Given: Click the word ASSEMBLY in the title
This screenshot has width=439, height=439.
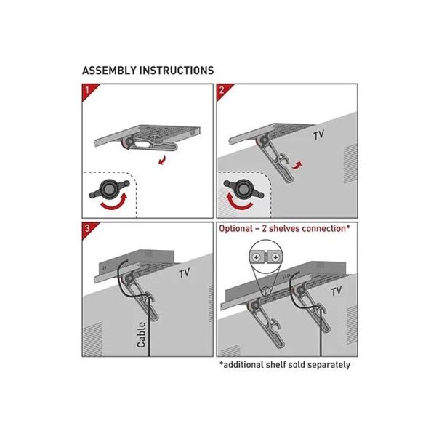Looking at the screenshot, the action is (110, 71).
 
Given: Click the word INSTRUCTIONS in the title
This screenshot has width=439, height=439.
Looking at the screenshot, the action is (177, 71).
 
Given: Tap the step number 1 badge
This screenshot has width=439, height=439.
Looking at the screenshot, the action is (88, 90).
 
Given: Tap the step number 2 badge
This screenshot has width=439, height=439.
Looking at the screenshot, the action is (222, 90).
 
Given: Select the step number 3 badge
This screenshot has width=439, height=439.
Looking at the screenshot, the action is (88, 228).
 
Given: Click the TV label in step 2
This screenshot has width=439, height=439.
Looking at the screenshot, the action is (319, 135).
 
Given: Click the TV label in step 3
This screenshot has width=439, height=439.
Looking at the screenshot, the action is (185, 273).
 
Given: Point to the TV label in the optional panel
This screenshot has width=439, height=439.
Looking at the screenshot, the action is (337, 291).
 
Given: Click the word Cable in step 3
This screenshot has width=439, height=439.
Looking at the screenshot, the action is (142, 335).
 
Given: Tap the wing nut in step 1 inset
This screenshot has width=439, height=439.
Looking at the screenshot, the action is (109, 190).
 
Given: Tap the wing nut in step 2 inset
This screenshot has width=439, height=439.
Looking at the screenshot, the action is (243, 189).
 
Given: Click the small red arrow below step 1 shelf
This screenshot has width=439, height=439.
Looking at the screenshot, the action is (162, 161).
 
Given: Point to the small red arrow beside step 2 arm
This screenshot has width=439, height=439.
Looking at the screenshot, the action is (297, 166).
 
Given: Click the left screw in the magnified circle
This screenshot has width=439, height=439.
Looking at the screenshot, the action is (256, 257).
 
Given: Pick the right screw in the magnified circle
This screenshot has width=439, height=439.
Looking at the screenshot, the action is (275, 257).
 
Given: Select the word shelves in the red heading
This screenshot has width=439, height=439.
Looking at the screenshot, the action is (284, 228).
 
